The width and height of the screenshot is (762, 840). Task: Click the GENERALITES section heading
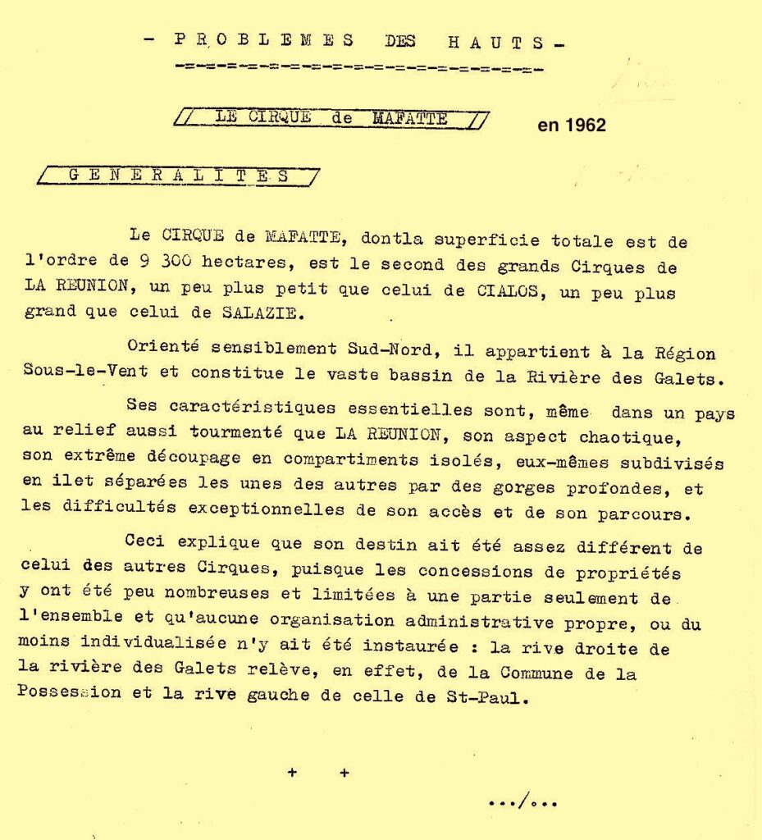tap(178, 176)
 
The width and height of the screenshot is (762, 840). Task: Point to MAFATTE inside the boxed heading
tap(410, 118)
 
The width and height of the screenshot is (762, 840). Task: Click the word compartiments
tap(358, 459)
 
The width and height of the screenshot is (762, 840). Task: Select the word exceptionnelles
tap(266, 509)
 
